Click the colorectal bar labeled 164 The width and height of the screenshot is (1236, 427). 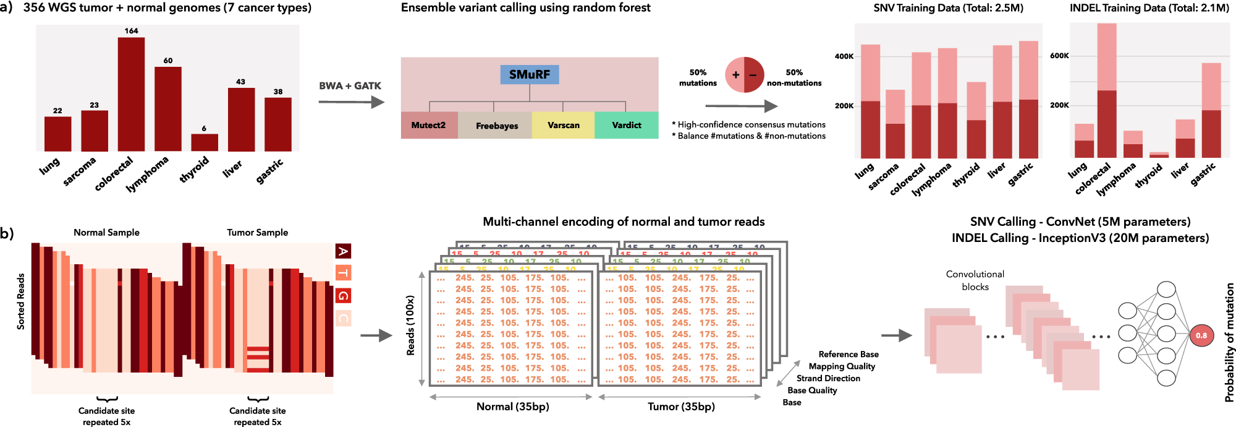pos(131,94)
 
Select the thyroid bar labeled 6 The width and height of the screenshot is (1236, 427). pos(205,142)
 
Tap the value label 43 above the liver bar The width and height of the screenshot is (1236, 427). pos(240,82)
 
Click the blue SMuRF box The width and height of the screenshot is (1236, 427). pos(530,75)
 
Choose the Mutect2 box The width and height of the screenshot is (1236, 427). pos(429,125)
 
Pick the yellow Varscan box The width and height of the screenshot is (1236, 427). pos(563,125)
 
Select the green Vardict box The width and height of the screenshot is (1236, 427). pos(626,125)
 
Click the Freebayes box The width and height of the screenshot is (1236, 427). pos(496,126)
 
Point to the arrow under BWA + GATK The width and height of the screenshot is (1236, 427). pos(351,102)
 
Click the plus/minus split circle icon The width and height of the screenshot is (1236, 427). pos(744,75)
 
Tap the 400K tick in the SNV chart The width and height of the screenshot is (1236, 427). pos(844,56)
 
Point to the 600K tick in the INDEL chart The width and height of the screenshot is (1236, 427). pos(1059,56)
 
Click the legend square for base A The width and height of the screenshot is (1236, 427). pos(343,251)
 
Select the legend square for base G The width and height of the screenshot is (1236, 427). pos(343,296)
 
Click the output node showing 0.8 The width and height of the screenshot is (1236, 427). pos(1201,335)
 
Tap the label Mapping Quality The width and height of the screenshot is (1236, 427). pos(842,366)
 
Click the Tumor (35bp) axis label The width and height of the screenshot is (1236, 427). pos(681,407)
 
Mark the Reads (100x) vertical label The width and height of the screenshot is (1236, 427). pos(410,326)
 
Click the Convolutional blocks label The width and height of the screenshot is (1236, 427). pos(975,280)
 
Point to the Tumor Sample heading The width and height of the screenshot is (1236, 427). pos(257,233)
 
